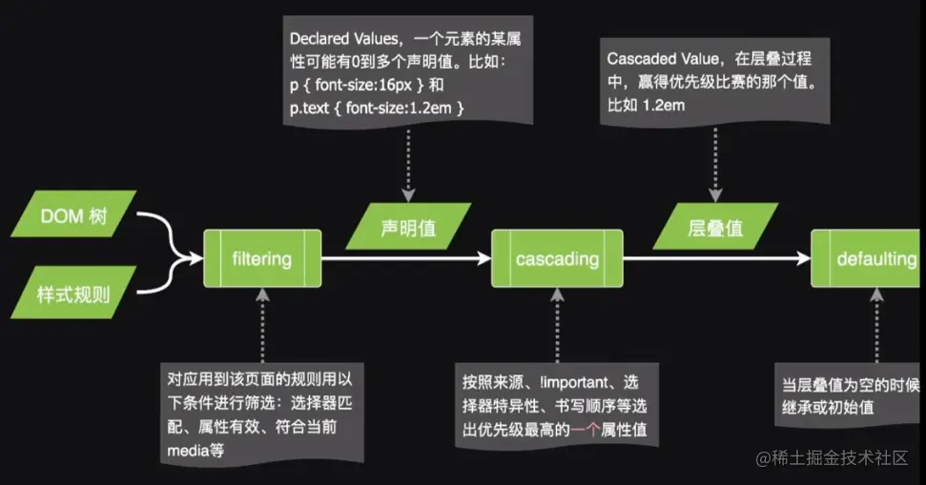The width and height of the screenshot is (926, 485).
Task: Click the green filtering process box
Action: click(x=261, y=257)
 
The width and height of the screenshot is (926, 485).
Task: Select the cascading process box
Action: click(x=557, y=258)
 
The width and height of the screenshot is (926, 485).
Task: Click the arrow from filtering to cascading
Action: click(x=405, y=258)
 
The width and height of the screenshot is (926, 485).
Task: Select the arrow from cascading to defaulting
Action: click(x=715, y=258)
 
